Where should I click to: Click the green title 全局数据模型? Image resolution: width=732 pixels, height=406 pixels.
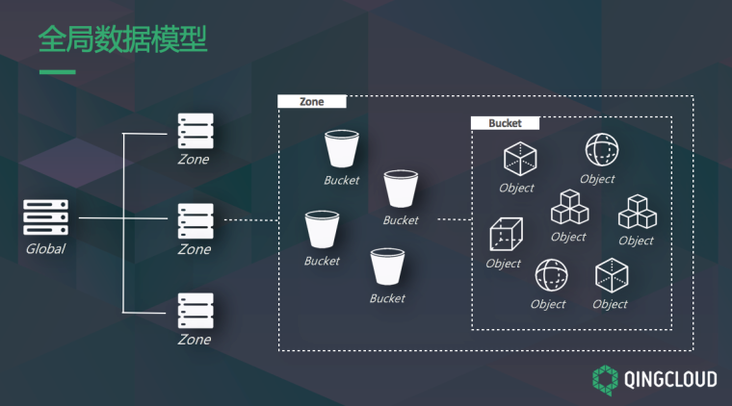[122, 39]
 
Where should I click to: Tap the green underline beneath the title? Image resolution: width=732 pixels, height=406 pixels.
[58, 72]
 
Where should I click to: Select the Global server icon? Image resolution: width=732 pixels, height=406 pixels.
[46, 217]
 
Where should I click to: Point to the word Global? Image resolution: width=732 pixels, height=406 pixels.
[45, 249]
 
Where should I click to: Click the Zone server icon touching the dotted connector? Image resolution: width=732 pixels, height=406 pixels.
[196, 220]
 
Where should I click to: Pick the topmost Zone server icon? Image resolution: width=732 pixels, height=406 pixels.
[196, 131]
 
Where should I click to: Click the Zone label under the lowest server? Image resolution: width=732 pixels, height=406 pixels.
[195, 340]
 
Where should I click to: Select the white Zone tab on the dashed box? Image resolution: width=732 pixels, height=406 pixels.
[312, 102]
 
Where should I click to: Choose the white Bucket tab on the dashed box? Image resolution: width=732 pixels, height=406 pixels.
[505, 123]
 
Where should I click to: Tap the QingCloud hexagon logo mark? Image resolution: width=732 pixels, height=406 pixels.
[605, 380]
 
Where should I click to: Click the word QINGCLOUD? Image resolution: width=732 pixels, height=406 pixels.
[670, 379]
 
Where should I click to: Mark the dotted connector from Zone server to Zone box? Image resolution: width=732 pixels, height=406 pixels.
[251, 220]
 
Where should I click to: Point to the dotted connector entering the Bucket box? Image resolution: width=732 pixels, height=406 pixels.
[455, 219]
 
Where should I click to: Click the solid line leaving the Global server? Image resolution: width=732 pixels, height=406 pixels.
[123, 217]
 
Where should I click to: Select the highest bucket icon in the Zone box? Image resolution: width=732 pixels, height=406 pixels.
[342, 149]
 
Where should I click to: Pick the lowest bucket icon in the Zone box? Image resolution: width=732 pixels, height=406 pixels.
[387, 266]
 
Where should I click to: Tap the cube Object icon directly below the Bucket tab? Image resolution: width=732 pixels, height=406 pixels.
[520, 160]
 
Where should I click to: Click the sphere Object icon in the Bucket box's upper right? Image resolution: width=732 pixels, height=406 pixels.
[602, 150]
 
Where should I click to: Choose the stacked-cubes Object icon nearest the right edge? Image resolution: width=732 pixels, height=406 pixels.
[638, 212]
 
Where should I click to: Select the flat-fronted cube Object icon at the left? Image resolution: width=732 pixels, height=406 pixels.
[506, 234]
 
